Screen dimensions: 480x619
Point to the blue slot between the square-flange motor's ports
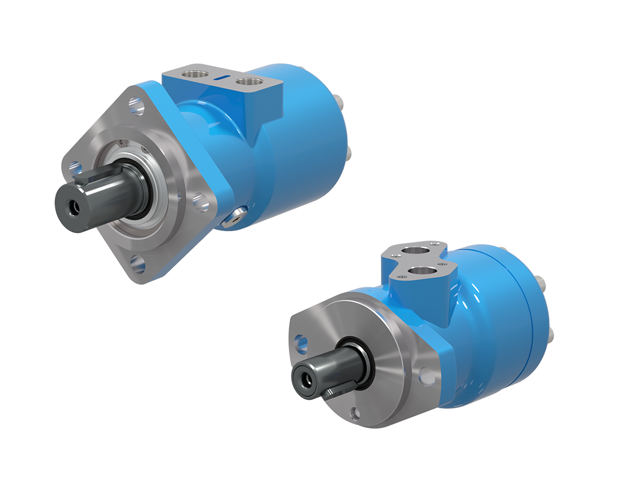[x=221, y=77]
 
